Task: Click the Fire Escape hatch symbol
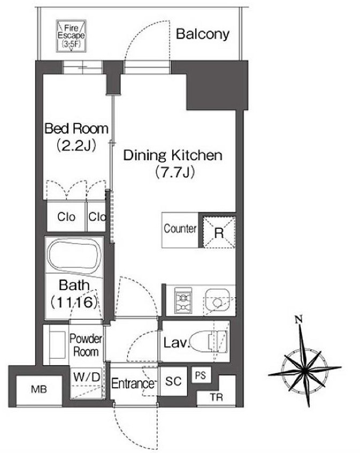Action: (71, 36)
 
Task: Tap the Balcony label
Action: (203, 34)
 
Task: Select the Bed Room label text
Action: (76, 128)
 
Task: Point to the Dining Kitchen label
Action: (173, 155)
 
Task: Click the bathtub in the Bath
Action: (74, 257)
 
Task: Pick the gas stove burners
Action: (183, 301)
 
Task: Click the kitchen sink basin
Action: (217, 301)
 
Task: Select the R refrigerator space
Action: (219, 232)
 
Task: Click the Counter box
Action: (180, 230)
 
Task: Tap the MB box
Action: (39, 389)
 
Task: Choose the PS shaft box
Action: (201, 375)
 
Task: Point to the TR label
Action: (217, 397)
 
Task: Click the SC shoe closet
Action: (173, 381)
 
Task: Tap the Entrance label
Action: (133, 383)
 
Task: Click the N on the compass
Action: (298, 319)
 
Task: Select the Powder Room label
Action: (86, 345)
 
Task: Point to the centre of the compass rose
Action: (304, 370)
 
